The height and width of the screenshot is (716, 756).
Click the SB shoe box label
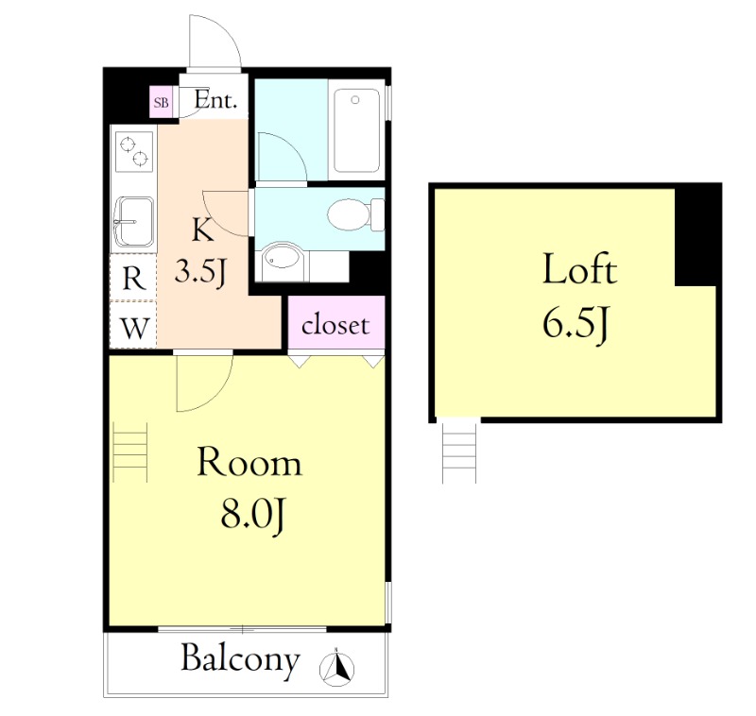click(x=162, y=102)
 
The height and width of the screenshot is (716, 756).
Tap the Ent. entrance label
click(x=215, y=101)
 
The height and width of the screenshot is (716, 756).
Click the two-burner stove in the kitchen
click(x=133, y=151)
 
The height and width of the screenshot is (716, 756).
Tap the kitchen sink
click(x=133, y=222)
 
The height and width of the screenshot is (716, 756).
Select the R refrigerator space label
click(x=134, y=278)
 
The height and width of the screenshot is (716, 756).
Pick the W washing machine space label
click(x=134, y=329)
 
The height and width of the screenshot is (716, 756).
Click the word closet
click(x=335, y=326)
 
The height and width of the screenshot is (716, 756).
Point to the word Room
click(x=249, y=463)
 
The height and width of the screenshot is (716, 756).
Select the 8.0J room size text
click(x=249, y=515)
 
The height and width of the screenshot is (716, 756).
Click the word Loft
click(x=579, y=271)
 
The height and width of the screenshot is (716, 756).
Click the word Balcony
click(x=240, y=658)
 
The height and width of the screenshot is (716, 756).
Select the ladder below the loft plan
click(x=459, y=452)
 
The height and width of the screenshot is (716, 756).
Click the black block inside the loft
click(x=697, y=234)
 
